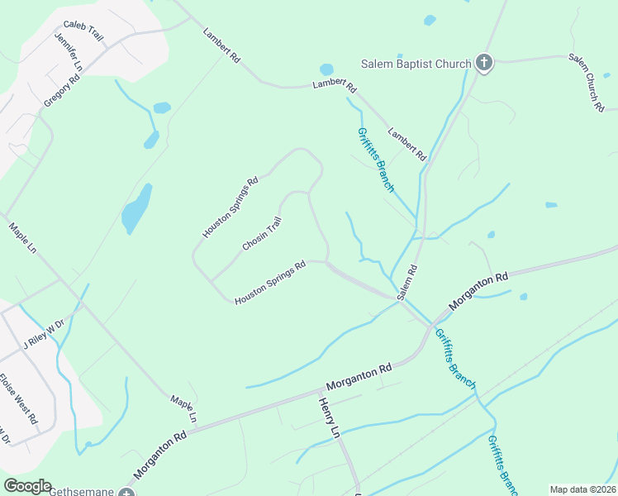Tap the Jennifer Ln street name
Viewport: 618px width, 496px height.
pyautogui.click(x=69, y=51)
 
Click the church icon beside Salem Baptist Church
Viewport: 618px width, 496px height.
pyautogui.click(x=484, y=64)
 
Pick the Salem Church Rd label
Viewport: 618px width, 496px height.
pyautogui.click(x=587, y=83)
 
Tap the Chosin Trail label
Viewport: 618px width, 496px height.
pyautogui.click(x=263, y=234)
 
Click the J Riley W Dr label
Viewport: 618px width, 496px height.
pyautogui.click(x=43, y=334)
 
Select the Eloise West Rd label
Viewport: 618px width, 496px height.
pyautogui.click(x=19, y=399)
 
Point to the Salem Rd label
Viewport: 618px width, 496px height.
pyautogui.click(x=406, y=282)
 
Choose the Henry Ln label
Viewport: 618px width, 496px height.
pyautogui.click(x=329, y=417)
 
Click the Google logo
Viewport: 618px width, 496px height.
pyautogui.click(x=27, y=486)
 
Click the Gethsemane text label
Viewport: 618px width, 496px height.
pyautogui.click(x=81, y=492)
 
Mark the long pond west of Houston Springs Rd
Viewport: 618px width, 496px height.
pyautogui.click(x=137, y=208)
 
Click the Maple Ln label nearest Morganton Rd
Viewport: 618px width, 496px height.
pyautogui.click(x=183, y=409)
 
